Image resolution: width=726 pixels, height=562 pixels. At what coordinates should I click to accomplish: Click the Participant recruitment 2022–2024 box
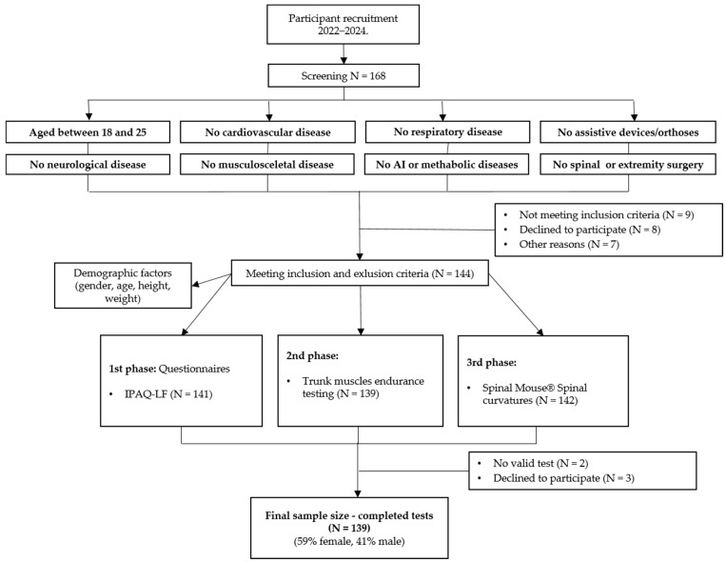click(x=343, y=25)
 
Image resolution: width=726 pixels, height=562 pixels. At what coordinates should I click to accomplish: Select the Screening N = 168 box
click(x=343, y=75)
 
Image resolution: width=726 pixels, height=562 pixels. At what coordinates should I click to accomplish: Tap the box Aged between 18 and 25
click(x=88, y=132)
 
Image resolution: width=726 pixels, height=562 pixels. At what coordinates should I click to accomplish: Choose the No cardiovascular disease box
click(x=267, y=132)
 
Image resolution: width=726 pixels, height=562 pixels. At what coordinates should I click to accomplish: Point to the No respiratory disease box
click(x=448, y=131)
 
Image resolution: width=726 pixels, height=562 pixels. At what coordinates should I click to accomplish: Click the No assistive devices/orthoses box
click(x=628, y=132)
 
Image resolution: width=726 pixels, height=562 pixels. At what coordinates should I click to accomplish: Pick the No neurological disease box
click(x=88, y=164)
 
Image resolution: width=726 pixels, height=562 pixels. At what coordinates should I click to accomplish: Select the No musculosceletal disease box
click(x=267, y=164)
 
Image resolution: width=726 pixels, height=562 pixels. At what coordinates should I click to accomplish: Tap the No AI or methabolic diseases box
click(x=447, y=164)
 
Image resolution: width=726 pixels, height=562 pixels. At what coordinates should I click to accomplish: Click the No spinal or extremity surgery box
click(x=628, y=164)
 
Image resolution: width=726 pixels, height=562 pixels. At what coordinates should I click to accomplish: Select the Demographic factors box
click(x=123, y=286)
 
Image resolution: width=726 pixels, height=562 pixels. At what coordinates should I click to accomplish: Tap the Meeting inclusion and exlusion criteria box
click(x=360, y=273)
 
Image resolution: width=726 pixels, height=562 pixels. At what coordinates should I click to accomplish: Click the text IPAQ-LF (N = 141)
click(x=168, y=394)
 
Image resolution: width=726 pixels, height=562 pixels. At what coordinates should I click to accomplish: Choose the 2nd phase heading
click(x=312, y=355)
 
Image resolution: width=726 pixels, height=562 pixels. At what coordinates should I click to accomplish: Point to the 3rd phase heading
click(x=492, y=363)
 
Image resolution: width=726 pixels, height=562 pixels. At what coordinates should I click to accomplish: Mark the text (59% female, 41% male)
click(x=349, y=541)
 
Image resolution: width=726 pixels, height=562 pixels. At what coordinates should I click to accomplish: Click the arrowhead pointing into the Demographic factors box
click(x=196, y=283)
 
